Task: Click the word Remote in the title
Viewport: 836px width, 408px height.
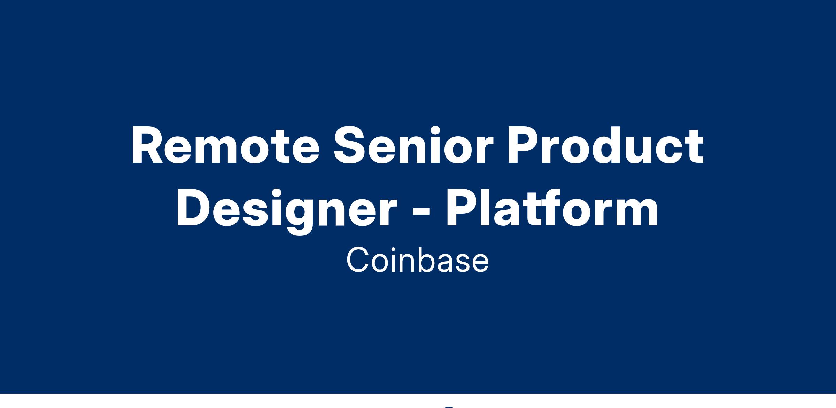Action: [x=225, y=146]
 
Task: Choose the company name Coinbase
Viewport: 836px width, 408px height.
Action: [x=418, y=260]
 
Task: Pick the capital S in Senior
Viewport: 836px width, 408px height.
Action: [x=349, y=145]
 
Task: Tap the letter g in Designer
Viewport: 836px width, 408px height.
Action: [x=300, y=217]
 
